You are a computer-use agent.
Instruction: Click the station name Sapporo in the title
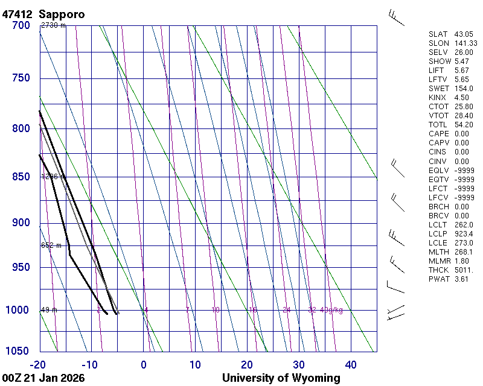(61, 14)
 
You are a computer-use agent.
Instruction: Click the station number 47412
(18, 14)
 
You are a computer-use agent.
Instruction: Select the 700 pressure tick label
(21, 25)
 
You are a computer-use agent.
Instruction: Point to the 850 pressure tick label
(21, 177)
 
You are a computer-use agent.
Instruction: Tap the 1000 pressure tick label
(18, 310)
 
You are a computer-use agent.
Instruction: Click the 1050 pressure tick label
(18, 352)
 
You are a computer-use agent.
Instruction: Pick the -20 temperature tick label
(39, 364)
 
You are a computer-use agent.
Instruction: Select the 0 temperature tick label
(144, 364)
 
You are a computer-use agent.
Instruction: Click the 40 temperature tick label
(351, 364)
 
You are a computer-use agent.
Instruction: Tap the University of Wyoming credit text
(281, 378)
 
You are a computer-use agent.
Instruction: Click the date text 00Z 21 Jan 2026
(43, 378)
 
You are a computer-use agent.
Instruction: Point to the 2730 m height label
(53, 25)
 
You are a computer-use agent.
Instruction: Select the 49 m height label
(49, 310)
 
